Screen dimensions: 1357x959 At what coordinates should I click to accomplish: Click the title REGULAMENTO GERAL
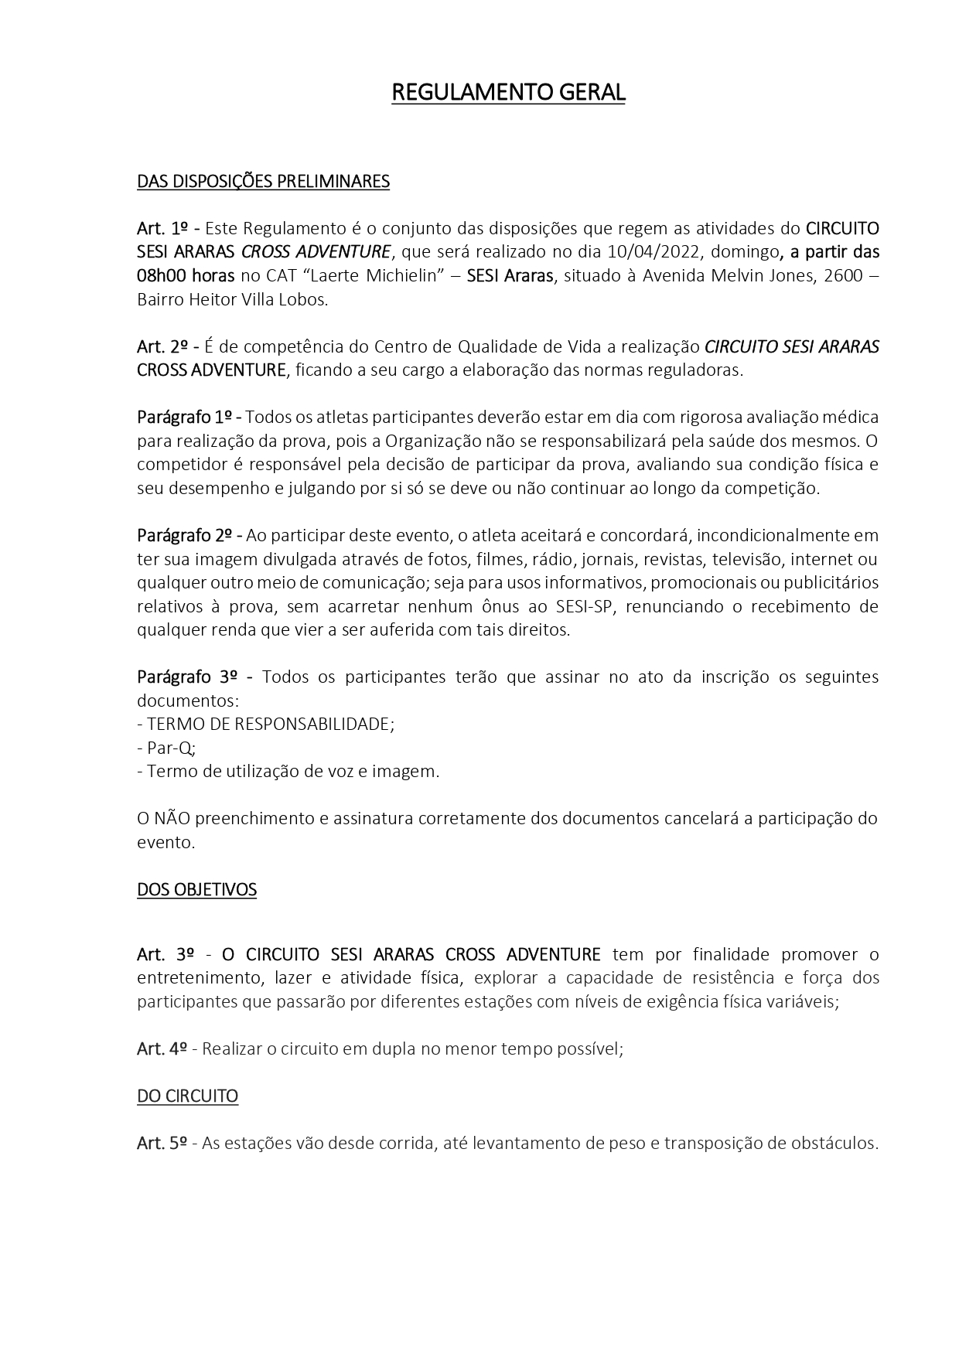click(x=508, y=93)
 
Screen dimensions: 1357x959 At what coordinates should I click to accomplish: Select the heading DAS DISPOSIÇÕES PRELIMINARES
click(x=263, y=182)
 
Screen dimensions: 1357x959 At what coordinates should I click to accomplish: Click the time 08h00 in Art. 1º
click(x=162, y=276)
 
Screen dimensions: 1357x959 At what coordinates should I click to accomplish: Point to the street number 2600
click(x=848, y=276)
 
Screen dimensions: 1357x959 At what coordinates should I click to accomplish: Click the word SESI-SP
click(x=583, y=606)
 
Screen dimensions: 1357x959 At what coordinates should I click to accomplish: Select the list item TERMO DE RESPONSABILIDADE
click(x=270, y=725)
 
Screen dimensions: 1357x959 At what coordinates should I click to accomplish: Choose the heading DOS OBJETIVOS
click(x=196, y=890)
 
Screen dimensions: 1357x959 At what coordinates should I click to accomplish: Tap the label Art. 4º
click(x=162, y=1049)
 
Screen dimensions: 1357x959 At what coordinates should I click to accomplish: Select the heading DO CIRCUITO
click(x=187, y=1096)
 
